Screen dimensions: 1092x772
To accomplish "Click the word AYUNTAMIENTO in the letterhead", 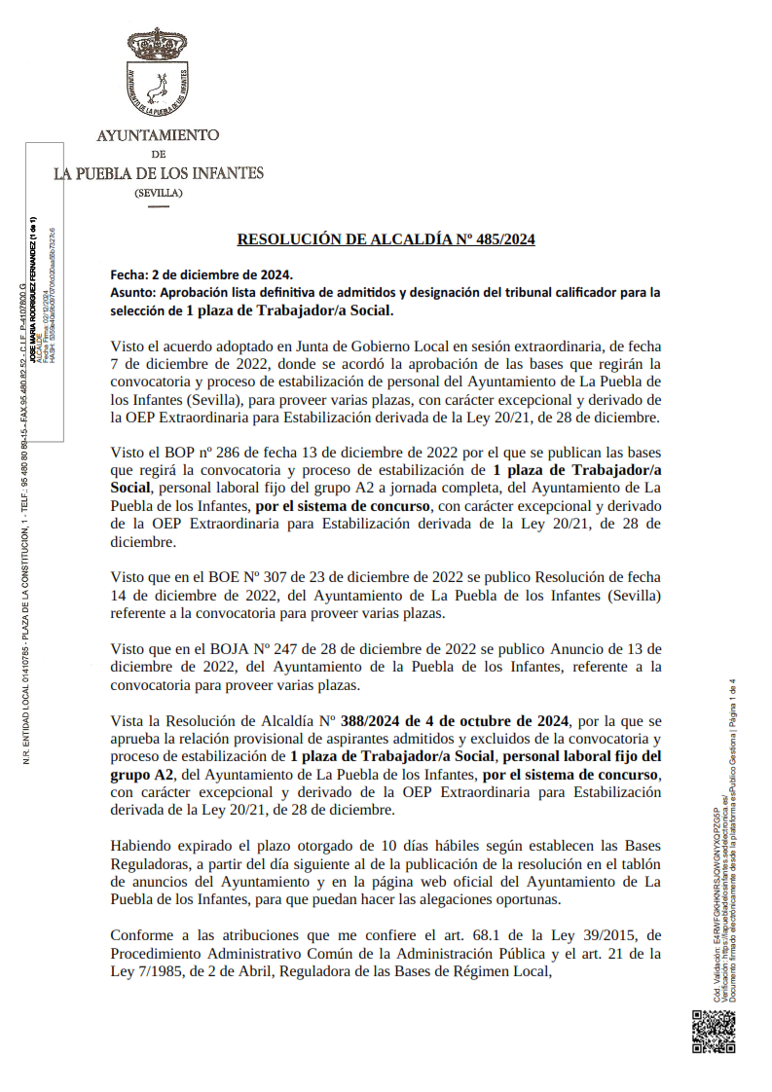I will [158, 135].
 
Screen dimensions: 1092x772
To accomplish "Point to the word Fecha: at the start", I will [130, 274].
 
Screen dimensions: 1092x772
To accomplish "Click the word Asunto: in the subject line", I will [134, 292].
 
